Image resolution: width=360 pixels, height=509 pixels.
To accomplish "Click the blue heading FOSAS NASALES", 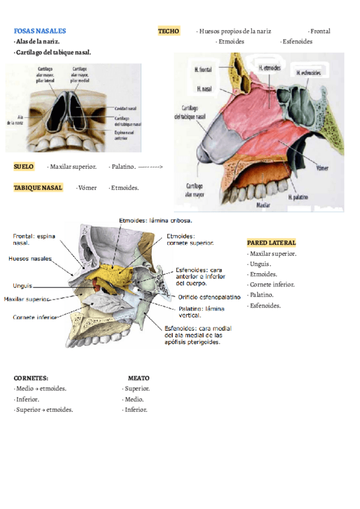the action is pos(40,31).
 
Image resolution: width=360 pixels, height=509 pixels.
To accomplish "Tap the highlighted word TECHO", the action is pos(169,31).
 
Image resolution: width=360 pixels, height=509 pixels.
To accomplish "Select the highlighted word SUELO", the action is pos(24,166).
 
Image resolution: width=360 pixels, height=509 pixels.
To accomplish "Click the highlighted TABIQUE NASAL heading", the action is pos(38,188).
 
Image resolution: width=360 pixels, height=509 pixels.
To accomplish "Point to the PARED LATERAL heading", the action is pos(271,243).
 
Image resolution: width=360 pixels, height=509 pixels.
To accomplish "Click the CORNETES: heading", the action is pos(31,378).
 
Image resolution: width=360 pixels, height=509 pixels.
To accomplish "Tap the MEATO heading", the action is pos(139,378).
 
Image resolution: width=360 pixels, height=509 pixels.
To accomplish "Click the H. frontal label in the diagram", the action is pos(203,70).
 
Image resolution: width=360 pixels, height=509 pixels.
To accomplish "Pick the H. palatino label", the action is pos(298,196).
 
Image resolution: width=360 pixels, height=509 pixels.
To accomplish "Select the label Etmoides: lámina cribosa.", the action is pos(155,221).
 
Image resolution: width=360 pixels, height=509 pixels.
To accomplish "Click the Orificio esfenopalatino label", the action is pos(209,297).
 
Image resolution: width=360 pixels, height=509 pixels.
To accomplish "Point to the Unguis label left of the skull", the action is pos(22,286).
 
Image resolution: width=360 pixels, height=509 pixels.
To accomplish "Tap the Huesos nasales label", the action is pos(29,259).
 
